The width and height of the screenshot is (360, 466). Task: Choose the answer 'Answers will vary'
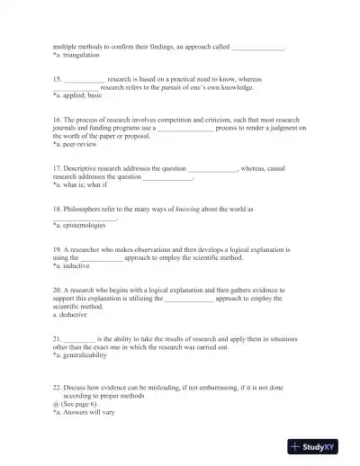point(86,412)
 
